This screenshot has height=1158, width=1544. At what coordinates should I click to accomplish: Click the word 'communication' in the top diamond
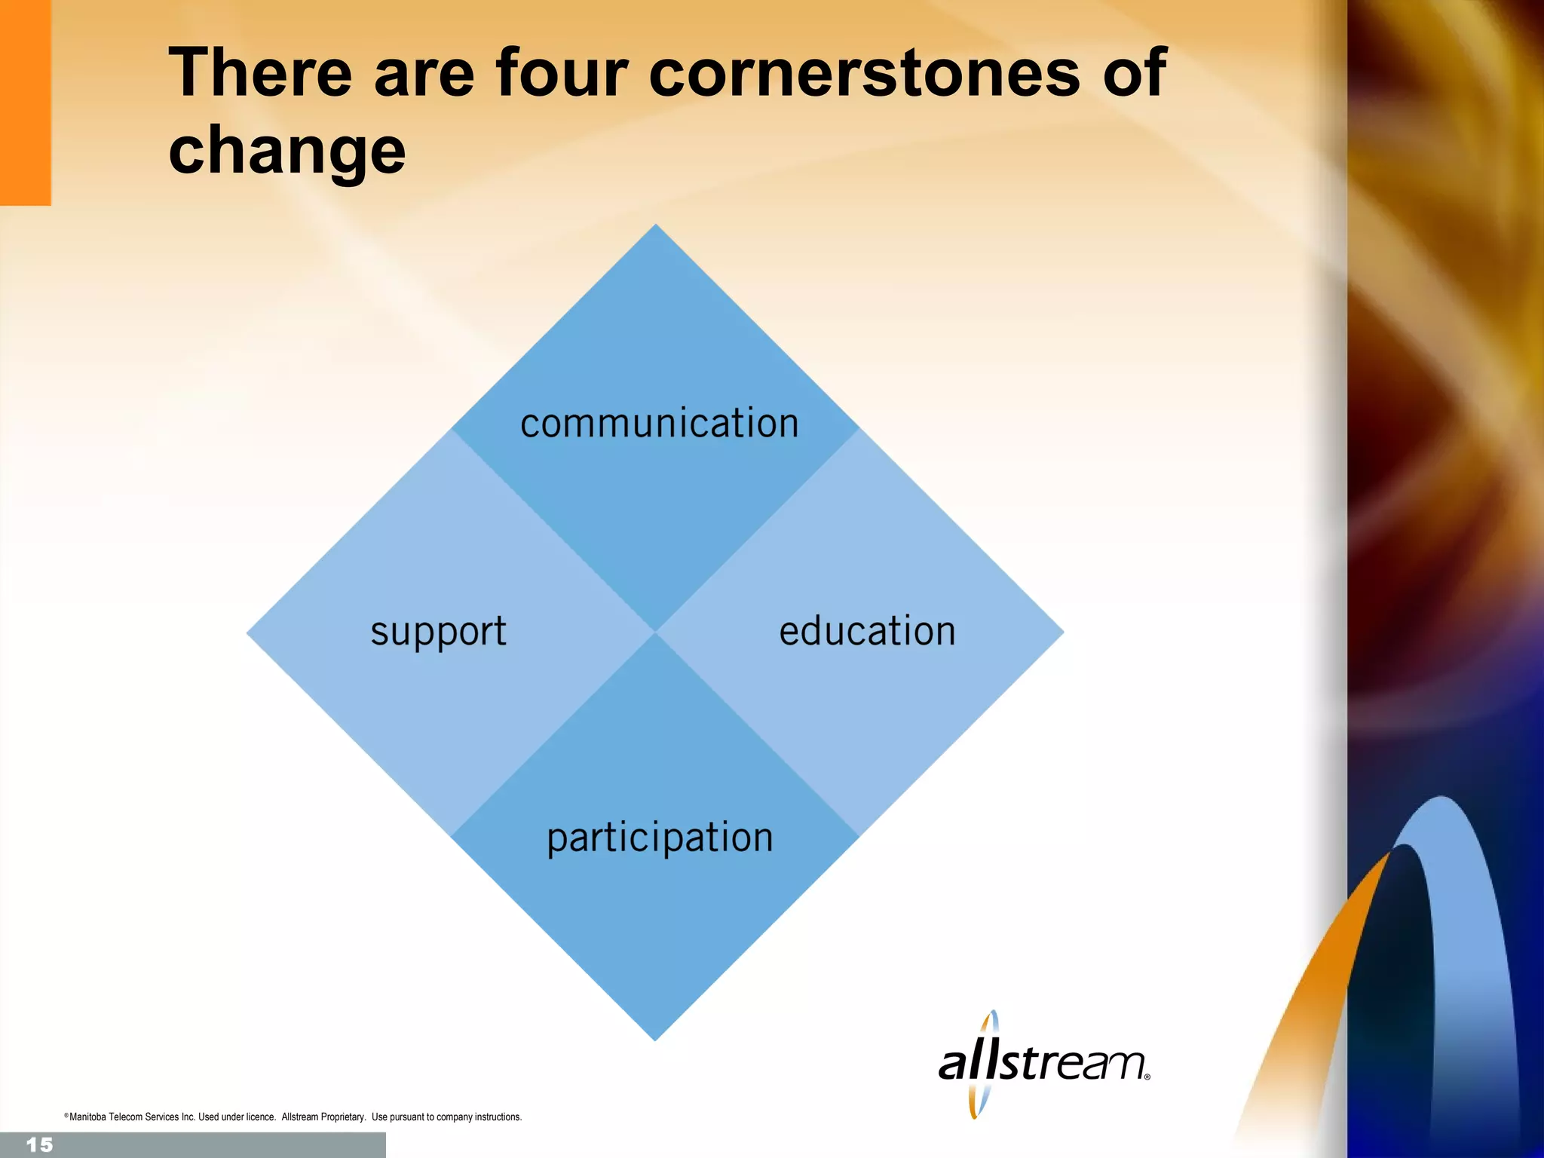coord(659,423)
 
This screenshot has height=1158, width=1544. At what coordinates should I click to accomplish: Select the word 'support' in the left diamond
coord(438,632)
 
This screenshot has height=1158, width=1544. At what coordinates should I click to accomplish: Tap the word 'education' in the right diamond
coord(867,631)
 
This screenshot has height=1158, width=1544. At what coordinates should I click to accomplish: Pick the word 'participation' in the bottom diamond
coord(660,838)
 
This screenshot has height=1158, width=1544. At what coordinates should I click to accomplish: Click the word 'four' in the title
coord(562,72)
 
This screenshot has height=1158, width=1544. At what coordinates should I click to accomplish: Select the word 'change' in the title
coord(287,151)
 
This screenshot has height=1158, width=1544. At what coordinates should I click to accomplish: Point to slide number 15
coord(39,1145)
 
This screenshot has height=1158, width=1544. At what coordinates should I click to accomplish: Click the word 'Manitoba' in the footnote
coord(88,1117)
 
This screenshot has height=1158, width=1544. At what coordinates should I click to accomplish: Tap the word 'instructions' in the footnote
coord(498,1117)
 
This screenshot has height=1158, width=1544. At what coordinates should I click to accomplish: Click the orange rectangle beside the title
coord(25,103)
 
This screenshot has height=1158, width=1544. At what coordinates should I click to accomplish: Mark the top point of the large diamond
coord(655,226)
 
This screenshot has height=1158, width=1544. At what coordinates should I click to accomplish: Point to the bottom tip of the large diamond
coord(655,1039)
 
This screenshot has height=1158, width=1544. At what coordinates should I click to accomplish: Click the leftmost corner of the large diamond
coord(249,633)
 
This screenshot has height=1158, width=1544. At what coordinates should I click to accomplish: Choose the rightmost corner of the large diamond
coord(1061,633)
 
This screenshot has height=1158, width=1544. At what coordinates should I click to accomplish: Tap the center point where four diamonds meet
coord(655,633)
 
